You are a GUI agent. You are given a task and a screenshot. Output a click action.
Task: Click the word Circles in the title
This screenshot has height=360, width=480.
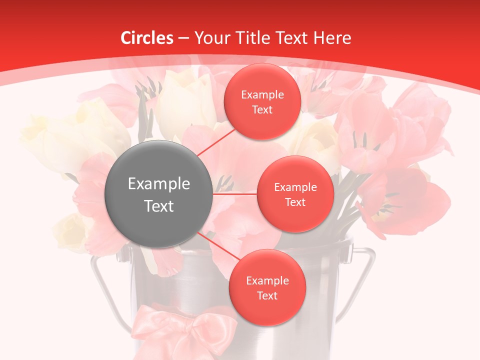[x=146, y=38]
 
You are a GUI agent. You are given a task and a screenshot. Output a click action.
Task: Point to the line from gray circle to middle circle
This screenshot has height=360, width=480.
[x=235, y=193]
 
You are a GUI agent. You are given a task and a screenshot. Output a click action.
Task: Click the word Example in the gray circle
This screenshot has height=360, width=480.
[x=159, y=184]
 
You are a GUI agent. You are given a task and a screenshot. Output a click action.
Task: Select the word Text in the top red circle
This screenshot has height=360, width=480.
[x=262, y=109]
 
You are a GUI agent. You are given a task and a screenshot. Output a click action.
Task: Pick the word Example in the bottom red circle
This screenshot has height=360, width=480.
[x=267, y=281]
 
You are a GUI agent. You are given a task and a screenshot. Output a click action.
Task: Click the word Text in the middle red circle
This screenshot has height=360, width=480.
[x=295, y=202]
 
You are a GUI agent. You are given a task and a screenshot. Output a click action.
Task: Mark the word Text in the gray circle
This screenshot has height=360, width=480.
[x=159, y=206]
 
